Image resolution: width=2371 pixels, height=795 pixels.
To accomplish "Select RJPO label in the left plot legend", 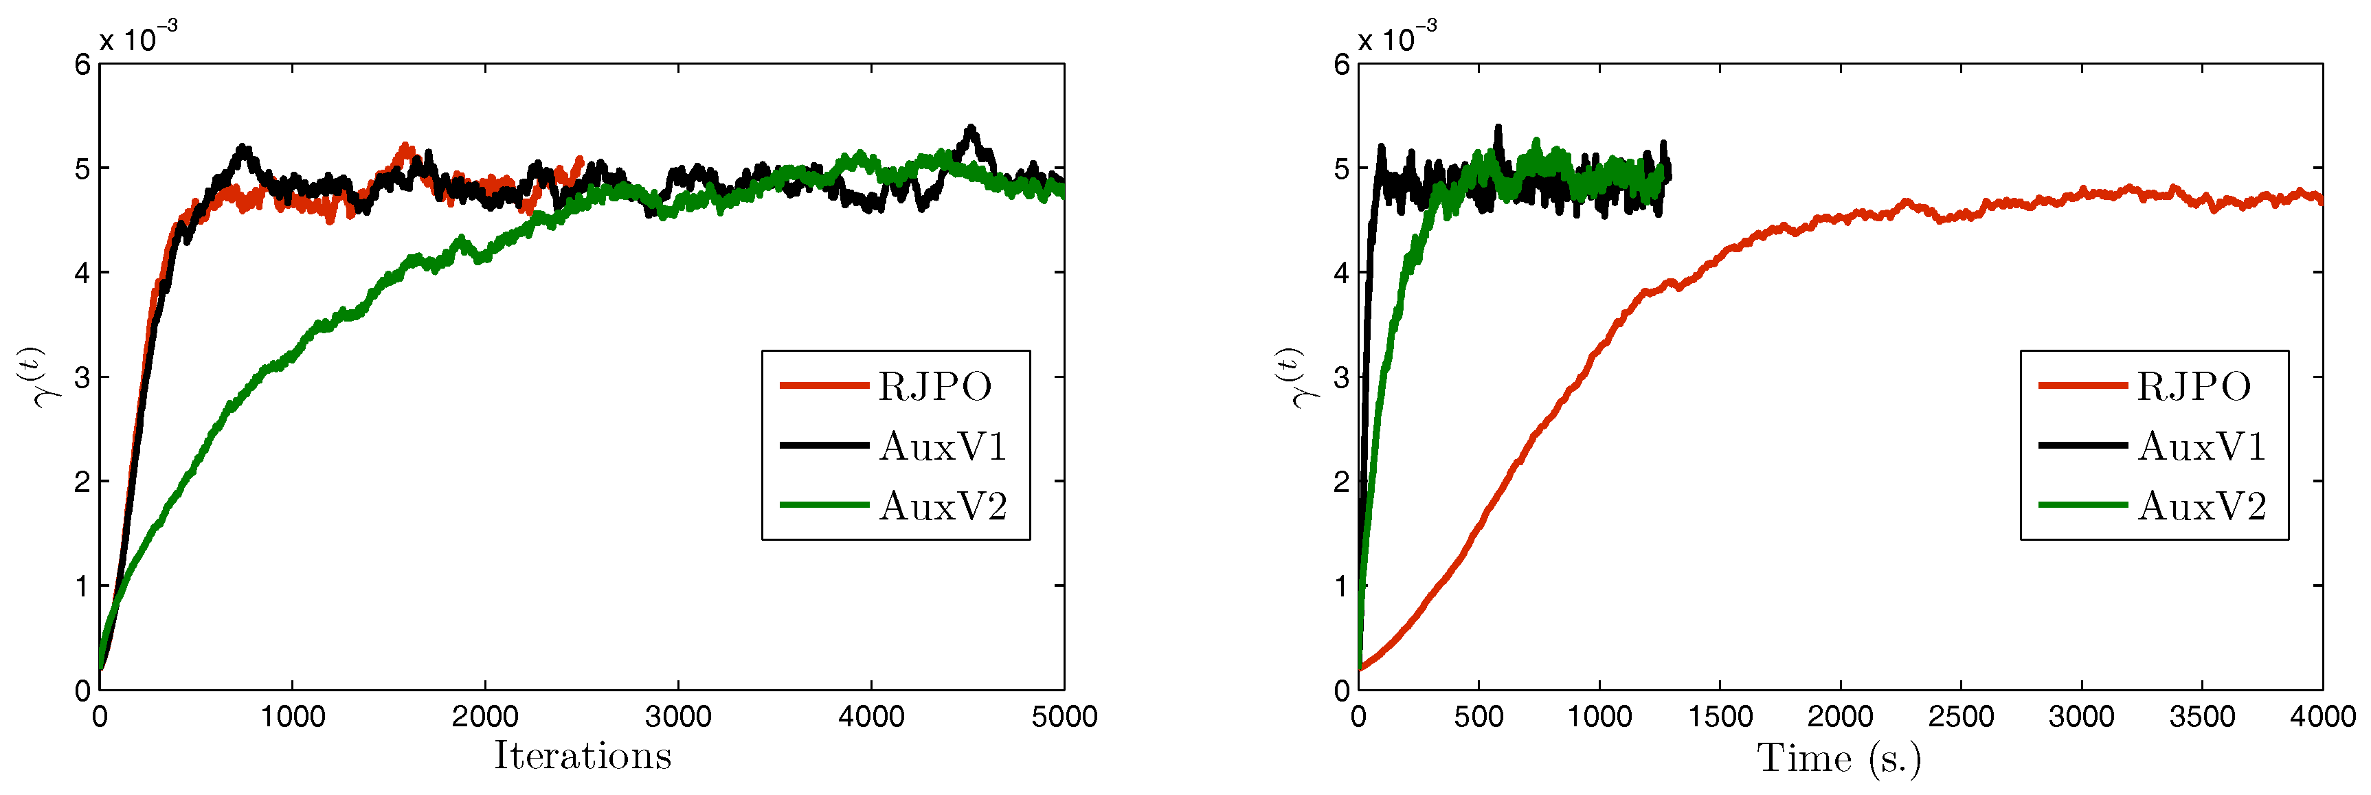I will [934, 386].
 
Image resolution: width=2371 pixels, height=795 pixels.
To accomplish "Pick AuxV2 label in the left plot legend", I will [943, 506].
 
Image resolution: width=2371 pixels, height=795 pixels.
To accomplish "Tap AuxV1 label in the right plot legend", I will [2201, 446].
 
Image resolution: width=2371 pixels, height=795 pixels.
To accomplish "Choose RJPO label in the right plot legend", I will [2193, 386].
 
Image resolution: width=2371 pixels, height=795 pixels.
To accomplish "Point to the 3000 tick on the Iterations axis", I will [678, 717].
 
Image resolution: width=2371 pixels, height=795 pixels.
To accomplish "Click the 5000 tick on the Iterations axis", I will [1064, 717].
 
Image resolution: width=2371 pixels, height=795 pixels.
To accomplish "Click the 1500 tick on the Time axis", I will [1720, 717].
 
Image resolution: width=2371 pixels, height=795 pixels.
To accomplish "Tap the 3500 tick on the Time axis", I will [2201, 717].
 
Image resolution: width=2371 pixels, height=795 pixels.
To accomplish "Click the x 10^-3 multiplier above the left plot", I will [138, 38].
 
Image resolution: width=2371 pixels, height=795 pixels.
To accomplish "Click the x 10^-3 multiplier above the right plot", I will [1397, 38].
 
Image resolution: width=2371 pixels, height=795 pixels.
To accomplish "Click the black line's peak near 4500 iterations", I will [971, 128].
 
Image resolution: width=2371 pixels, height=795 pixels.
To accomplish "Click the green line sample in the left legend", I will [824, 505].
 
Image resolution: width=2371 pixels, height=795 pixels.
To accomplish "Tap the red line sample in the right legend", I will [2082, 385].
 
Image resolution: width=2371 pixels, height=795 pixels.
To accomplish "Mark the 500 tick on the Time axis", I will [1479, 717].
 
